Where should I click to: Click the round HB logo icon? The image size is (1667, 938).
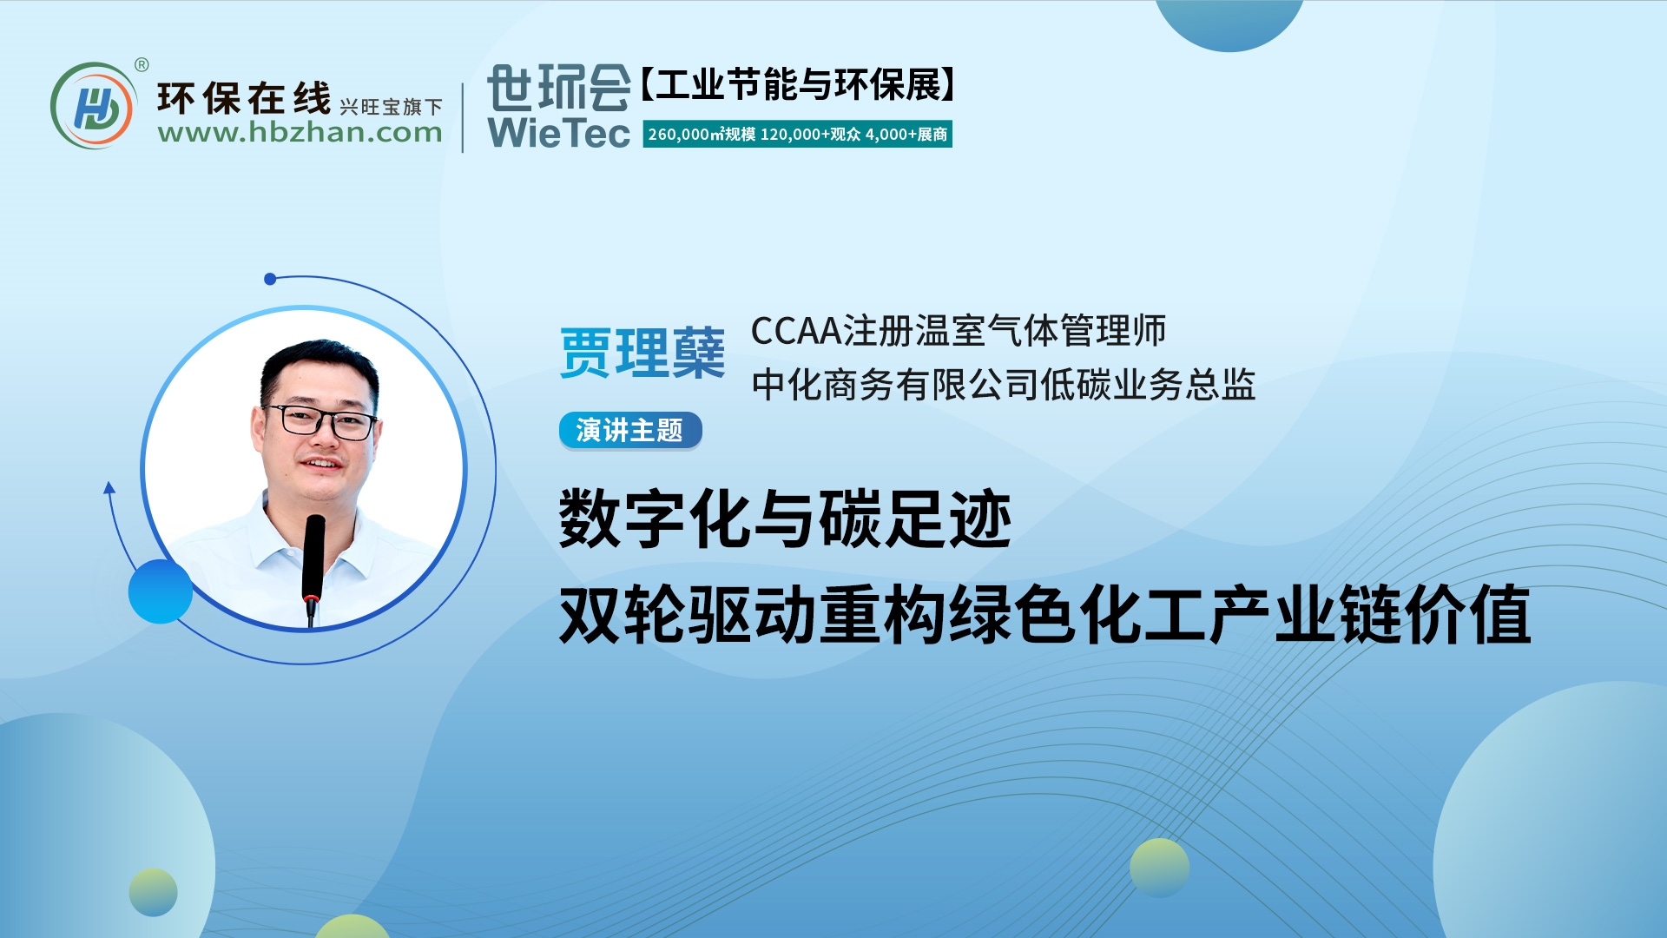pyautogui.click(x=93, y=106)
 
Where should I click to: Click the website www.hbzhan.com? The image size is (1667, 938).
pyautogui.click(x=300, y=133)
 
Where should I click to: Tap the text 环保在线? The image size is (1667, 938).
pyautogui.click(x=244, y=98)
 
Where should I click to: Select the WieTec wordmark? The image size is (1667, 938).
pyautogui.click(x=558, y=133)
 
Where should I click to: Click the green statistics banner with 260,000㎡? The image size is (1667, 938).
pyautogui.click(x=797, y=135)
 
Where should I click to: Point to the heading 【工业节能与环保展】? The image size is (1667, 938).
pyautogui.click(x=798, y=85)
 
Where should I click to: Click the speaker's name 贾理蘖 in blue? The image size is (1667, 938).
pyautogui.click(x=642, y=353)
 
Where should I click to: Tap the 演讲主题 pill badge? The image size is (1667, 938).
pyautogui.click(x=629, y=430)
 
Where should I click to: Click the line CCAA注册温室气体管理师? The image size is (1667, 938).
pyautogui.click(x=958, y=331)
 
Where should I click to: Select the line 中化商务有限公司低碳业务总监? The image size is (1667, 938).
pyautogui.click(x=1003, y=384)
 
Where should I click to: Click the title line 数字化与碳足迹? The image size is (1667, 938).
pyautogui.click(x=785, y=519)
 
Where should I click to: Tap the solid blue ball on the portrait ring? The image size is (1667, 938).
pyautogui.click(x=161, y=591)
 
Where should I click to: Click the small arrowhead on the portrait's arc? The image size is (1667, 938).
pyautogui.click(x=109, y=488)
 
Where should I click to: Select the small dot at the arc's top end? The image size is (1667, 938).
pyautogui.click(x=270, y=279)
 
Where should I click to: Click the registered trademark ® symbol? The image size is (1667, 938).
pyautogui.click(x=142, y=64)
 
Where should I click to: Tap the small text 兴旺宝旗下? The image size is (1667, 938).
pyautogui.click(x=391, y=107)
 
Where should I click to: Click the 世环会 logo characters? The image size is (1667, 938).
pyautogui.click(x=558, y=88)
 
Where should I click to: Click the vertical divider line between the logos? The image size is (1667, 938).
pyautogui.click(x=463, y=117)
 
